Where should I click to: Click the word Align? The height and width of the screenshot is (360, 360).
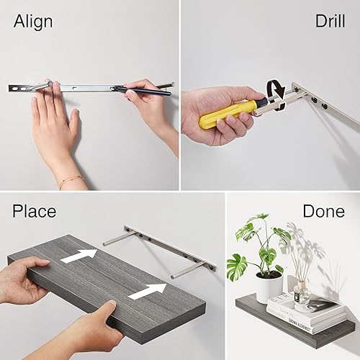click(x=33, y=21)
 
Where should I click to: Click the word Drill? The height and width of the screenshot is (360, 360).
click(x=330, y=21)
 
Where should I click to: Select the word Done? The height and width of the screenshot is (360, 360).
click(x=323, y=211)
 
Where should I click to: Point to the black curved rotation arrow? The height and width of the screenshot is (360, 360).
click(x=274, y=97)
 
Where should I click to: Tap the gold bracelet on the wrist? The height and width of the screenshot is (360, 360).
click(x=71, y=181)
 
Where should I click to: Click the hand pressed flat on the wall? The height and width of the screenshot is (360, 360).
click(x=54, y=122)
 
